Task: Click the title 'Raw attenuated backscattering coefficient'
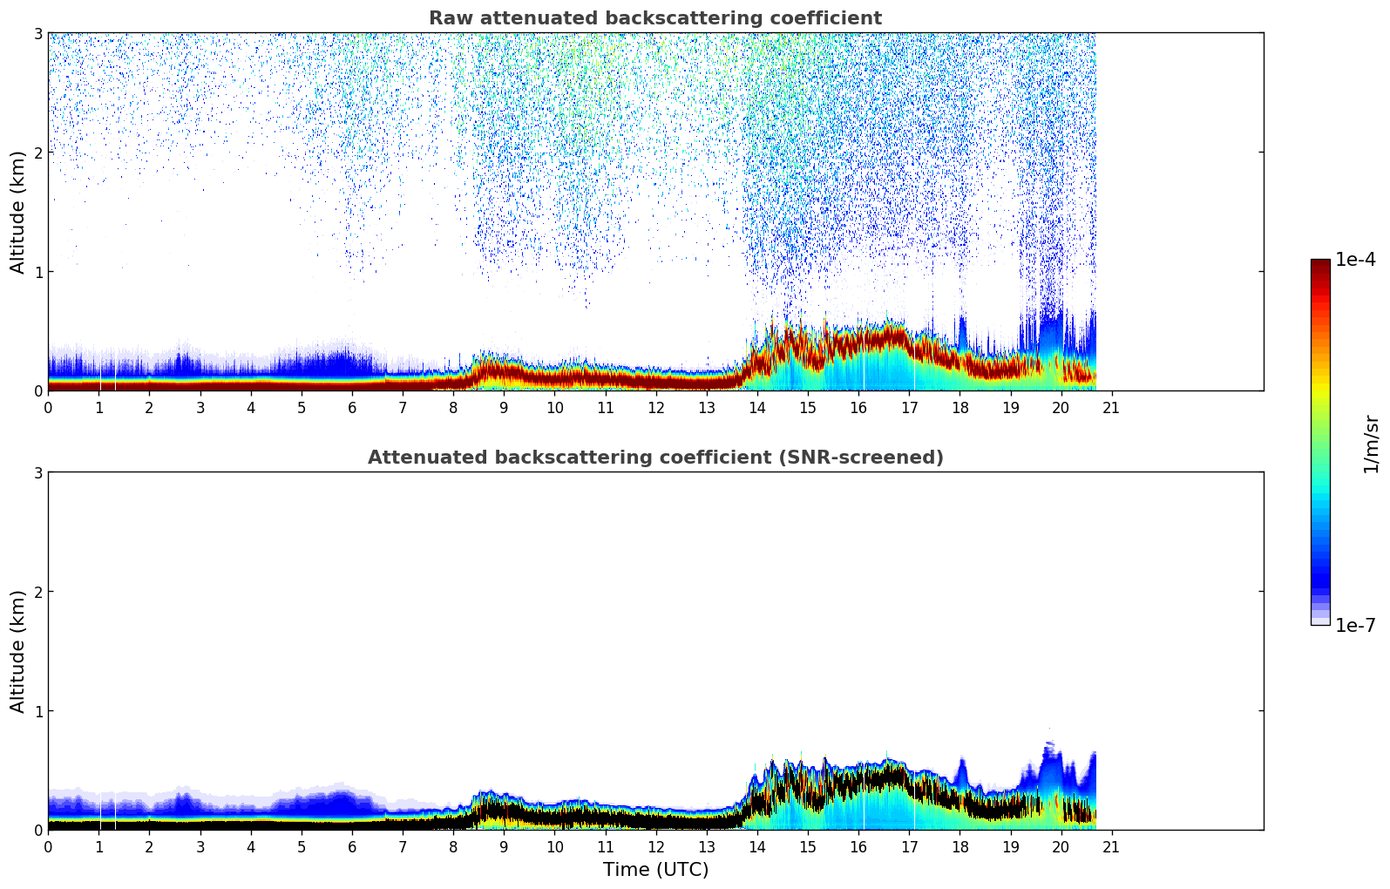pyautogui.click(x=654, y=18)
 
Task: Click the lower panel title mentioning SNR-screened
pyautogui.click(x=654, y=458)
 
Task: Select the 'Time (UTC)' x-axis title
pyautogui.click(x=655, y=870)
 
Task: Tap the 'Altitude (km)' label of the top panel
pyautogui.click(x=18, y=212)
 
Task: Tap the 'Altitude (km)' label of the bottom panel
pyautogui.click(x=18, y=651)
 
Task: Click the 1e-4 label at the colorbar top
pyautogui.click(x=1355, y=260)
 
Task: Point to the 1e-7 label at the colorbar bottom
pyautogui.click(x=1355, y=626)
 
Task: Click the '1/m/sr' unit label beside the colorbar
pyautogui.click(x=1371, y=444)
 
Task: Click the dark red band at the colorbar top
pyautogui.click(x=1320, y=266)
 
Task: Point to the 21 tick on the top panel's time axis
pyautogui.click(x=1111, y=407)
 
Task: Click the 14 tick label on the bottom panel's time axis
pyautogui.click(x=756, y=846)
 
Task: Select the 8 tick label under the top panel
pyautogui.click(x=453, y=407)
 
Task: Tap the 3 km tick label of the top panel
pyautogui.click(x=38, y=34)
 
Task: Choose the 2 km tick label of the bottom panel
pyautogui.click(x=38, y=592)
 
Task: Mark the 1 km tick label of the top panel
pyautogui.click(x=38, y=272)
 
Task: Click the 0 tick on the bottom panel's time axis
pyautogui.click(x=48, y=846)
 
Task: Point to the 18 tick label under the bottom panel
pyautogui.click(x=959, y=846)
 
